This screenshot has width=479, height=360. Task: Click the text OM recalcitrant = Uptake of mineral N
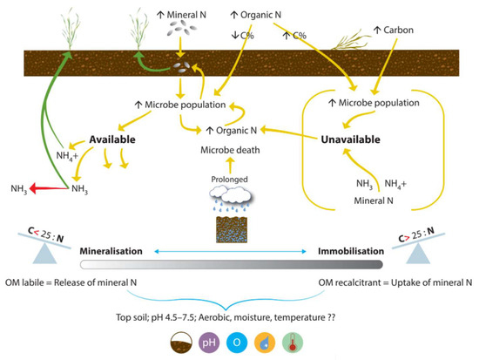(x=395, y=281)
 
